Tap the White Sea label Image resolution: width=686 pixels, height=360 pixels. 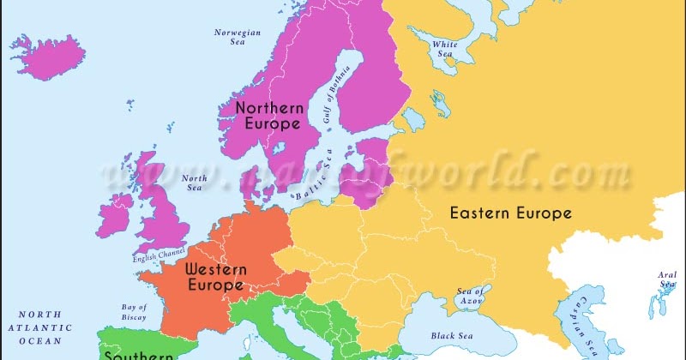point(444,49)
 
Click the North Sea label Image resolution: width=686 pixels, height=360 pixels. point(194,184)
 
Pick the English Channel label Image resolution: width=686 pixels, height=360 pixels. point(159,255)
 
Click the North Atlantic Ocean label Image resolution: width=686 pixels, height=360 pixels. point(39,328)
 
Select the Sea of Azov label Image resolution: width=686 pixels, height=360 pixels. point(471,296)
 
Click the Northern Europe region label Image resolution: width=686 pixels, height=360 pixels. point(269,116)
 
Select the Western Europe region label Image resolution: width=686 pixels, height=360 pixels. point(216,277)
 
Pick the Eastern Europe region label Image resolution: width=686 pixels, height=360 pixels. point(511,213)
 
